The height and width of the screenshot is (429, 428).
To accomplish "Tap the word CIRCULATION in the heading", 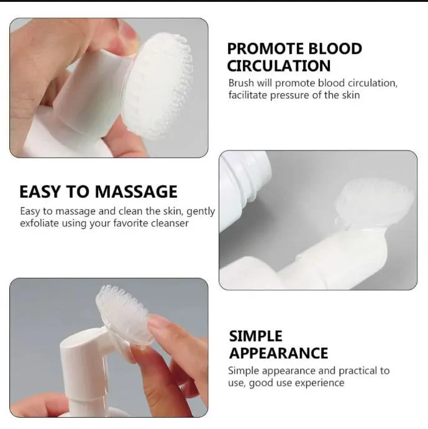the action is click(x=279, y=66).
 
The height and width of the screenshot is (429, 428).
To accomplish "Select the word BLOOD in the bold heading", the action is click(x=335, y=48).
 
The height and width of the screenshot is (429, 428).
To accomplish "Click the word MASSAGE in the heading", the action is click(x=136, y=191).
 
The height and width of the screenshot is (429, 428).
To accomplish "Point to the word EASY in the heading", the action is click(x=40, y=191).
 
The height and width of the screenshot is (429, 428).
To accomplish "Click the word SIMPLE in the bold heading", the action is click(x=255, y=336).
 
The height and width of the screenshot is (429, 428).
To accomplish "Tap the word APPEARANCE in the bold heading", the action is click(x=278, y=353).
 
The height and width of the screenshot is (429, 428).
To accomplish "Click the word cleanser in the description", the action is click(x=170, y=223).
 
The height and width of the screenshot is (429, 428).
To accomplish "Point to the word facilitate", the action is click(x=248, y=95).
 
